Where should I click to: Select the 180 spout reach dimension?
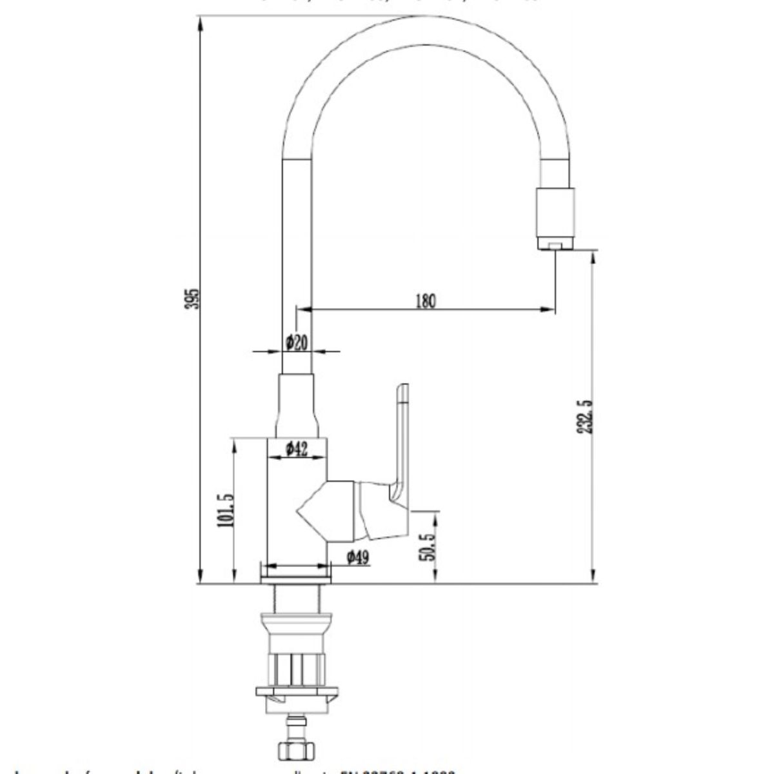[x=426, y=301]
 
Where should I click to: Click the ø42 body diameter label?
[x=296, y=448]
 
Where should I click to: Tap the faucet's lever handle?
[x=401, y=445]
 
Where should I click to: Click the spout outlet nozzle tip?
[x=555, y=245]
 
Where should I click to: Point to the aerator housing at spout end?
[x=555, y=213]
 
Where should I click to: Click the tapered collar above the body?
[x=297, y=406]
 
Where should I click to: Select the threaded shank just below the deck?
[x=296, y=597]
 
